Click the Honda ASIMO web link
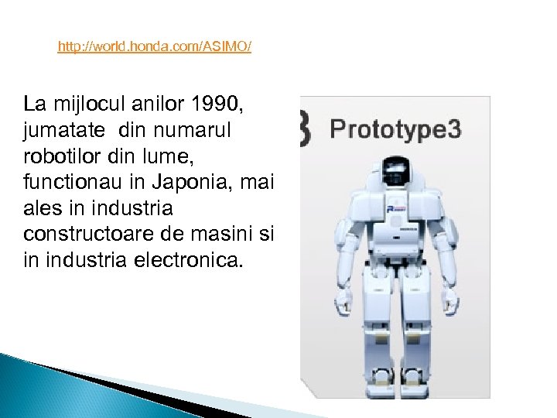pos(155,48)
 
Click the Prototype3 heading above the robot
pos(395,128)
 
